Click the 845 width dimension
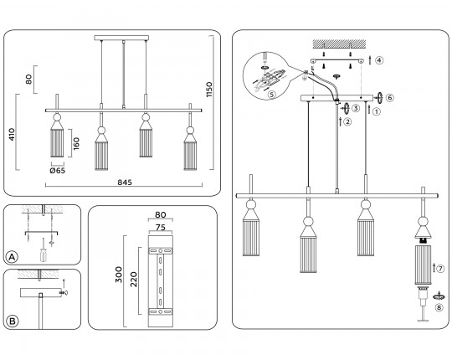tap(125, 183)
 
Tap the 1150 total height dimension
tap(209, 90)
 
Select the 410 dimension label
tap(12, 134)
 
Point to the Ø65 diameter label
tap(58, 171)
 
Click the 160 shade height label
tap(76, 143)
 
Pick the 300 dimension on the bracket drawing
tap(119, 275)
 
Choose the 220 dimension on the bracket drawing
tap(134, 280)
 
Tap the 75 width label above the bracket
tap(160, 228)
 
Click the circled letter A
tap(12, 257)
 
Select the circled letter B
tap(12, 321)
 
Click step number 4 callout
tap(379, 60)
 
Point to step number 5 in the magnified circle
tap(271, 94)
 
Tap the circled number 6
tap(390, 98)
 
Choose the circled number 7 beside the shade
tap(440, 269)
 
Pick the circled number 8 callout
tap(439, 308)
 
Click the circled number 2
tap(348, 121)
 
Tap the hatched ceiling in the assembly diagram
tap(340, 44)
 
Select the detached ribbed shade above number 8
tap(423, 265)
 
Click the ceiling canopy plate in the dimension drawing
tap(121, 38)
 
